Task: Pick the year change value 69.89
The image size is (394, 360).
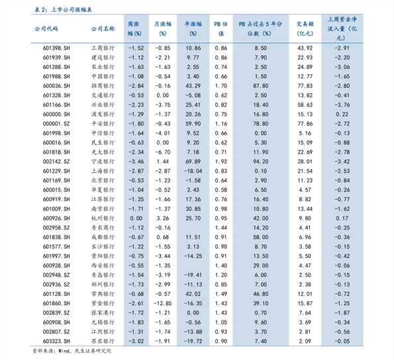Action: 193,161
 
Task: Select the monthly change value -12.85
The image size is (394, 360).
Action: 162,303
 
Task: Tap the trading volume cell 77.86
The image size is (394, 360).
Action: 305,124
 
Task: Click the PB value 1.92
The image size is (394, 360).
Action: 221,161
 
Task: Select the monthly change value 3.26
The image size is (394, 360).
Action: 162,218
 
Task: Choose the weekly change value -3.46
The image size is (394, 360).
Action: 136,161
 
